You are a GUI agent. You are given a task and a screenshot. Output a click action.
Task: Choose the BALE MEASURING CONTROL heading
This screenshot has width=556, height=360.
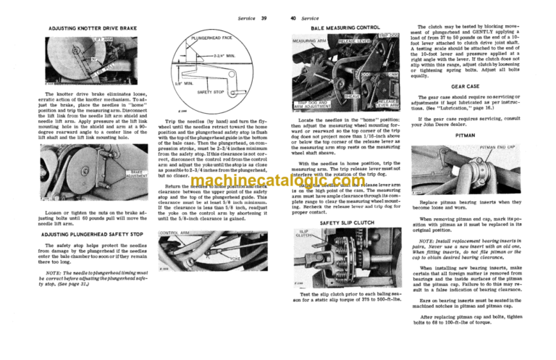point(345,28)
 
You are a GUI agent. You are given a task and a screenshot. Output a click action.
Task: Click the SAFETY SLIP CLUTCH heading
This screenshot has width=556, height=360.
point(346,223)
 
